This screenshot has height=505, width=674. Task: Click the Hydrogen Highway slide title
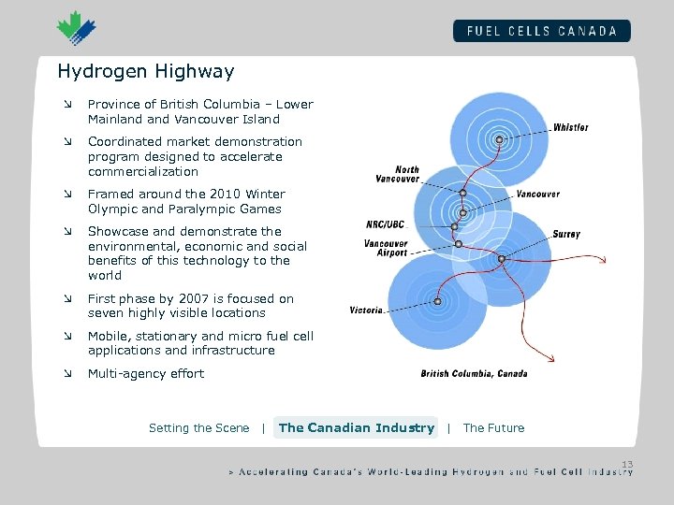point(145,71)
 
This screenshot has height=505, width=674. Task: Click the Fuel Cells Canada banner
point(541,31)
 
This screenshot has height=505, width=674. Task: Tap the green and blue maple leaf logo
point(75,28)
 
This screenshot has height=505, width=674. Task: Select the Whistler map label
point(570,127)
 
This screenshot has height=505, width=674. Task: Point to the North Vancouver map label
point(398,174)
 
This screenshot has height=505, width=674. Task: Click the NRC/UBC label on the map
point(386,224)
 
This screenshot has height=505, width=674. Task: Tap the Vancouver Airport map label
point(386,248)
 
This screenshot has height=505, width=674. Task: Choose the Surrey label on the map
point(565,234)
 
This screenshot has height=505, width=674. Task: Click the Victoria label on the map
point(366,310)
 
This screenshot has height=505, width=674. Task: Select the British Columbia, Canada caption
point(474,373)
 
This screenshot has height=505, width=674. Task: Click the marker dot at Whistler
point(500,140)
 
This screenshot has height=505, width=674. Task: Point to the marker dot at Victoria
point(437,301)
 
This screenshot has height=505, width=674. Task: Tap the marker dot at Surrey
point(501,258)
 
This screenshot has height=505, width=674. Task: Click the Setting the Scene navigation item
point(198,428)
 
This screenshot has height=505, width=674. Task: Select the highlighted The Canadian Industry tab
point(356,428)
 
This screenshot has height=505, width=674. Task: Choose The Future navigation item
point(493,428)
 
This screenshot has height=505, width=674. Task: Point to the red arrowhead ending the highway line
point(553,357)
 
